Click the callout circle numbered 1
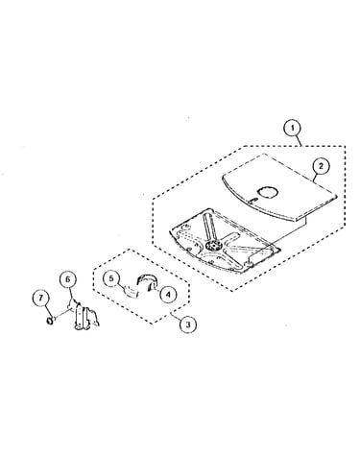[x=292, y=128]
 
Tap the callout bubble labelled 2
[x=321, y=165]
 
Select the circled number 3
[x=188, y=324]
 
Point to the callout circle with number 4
[x=168, y=293]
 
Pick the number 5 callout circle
[x=111, y=278]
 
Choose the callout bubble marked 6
[x=67, y=279]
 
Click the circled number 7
[x=40, y=298]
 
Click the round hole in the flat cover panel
[x=268, y=192]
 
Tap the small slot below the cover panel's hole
[x=252, y=200]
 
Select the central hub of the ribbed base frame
[x=212, y=246]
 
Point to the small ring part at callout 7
[x=50, y=320]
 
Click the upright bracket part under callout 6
[x=84, y=315]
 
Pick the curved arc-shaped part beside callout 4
[x=146, y=281]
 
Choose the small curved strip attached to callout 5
[x=132, y=291]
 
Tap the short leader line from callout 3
[x=176, y=316]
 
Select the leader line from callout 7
[x=46, y=310]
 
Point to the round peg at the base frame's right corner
[x=249, y=263]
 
